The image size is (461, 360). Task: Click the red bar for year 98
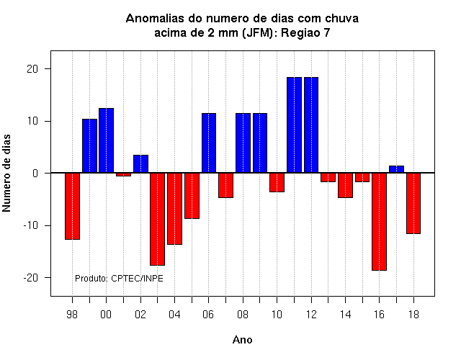click(72, 206)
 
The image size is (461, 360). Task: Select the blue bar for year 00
click(106, 140)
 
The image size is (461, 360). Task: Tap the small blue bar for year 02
click(141, 163)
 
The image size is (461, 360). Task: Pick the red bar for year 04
click(174, 209)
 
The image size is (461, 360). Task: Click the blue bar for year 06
click(209, 143)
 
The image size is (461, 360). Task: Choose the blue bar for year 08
click(243, 143)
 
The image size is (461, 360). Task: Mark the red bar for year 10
click(277, 182)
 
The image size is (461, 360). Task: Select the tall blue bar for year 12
click(311, 125)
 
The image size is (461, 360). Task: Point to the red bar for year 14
click(345, 185)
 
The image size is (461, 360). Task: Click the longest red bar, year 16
click(380, 222)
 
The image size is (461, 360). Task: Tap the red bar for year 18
click(413, 203)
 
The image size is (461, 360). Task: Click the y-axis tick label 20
click(32, 69)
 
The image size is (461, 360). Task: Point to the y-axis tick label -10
click(31, 225)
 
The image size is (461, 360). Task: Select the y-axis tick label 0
click(35, 173)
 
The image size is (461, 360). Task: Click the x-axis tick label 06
click(208, 315)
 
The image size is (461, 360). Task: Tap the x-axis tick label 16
click(379, 315)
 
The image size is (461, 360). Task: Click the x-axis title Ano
click(242, 340)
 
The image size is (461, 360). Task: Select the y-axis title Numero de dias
click(6, 173)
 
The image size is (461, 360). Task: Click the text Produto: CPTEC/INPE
click(119, 278)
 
